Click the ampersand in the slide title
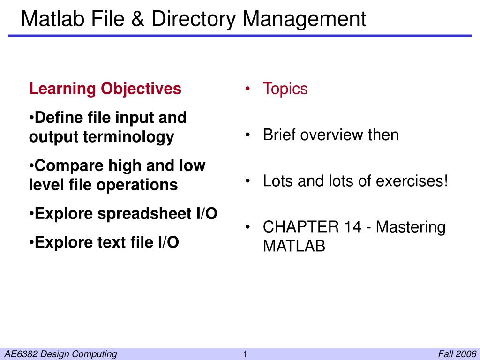[138, 19]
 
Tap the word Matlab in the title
[53, 19]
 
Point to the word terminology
[128, 137]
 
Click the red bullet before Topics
[247, 89]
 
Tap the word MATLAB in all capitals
[294, 246]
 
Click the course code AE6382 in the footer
[22, 354]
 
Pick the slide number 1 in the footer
[245, 354]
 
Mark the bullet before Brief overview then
[247, 135]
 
